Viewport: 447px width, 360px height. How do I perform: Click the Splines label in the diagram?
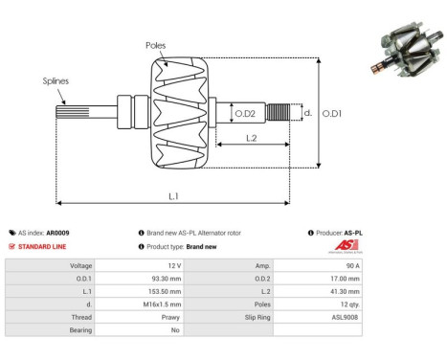56,81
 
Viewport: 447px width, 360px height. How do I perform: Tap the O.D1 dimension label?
332,114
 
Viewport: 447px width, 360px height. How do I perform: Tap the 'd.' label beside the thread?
307,112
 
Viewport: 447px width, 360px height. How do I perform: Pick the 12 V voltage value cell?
172,264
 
